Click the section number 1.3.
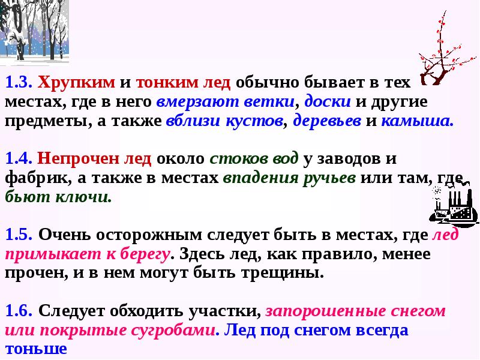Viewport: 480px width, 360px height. [x=19, y=82]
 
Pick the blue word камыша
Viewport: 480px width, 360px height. [x=417, y=120]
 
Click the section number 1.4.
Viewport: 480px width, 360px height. [x=19, y=160]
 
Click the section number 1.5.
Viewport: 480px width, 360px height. [x=19, y=236]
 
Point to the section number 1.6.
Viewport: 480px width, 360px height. [x=19, y=311]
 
